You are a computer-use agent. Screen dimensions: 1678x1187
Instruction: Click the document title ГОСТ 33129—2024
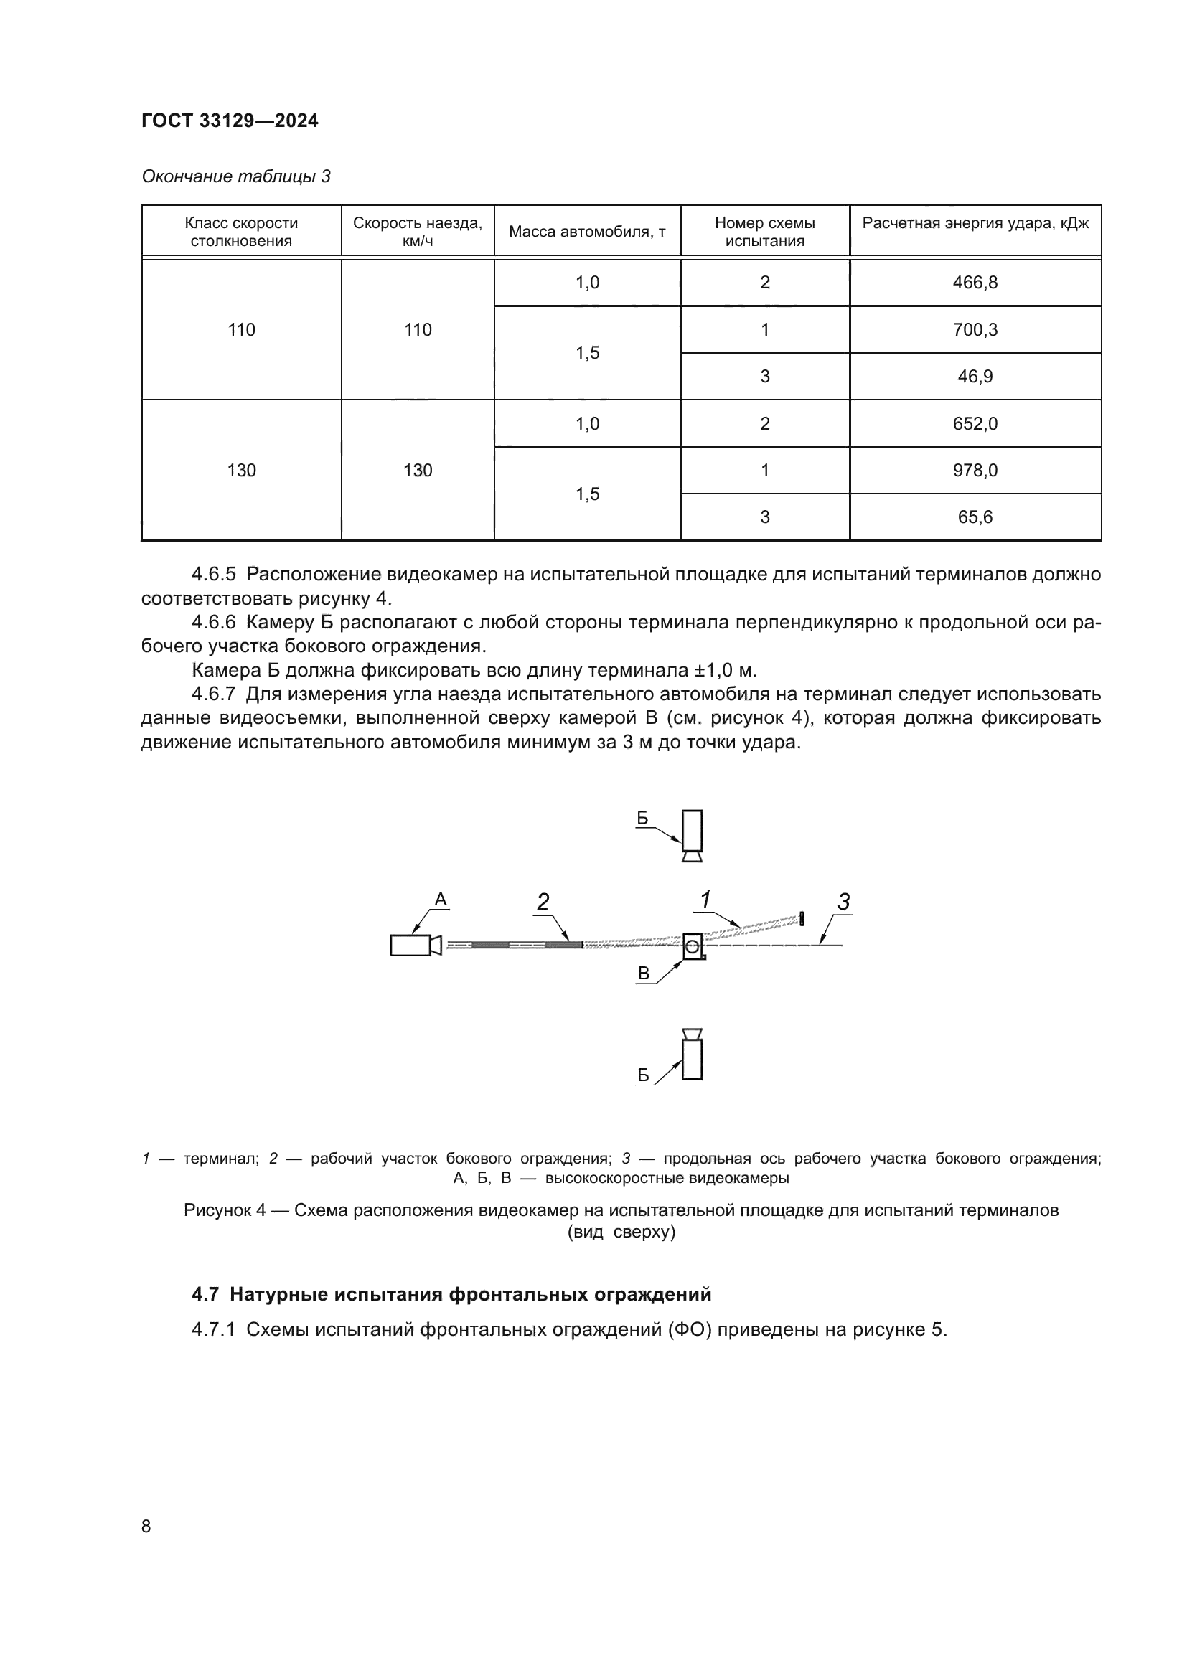point(230,121)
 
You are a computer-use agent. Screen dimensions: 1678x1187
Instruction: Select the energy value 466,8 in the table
point(975,283)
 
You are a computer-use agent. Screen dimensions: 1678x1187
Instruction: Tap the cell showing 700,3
point(975,329)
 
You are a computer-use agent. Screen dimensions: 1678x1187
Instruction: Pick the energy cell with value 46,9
point(975,377)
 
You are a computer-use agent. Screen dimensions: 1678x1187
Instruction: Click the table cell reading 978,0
point(975,470)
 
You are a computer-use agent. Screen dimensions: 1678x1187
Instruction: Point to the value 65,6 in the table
point(975,517)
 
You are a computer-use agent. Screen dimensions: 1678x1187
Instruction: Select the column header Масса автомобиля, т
point(587,232)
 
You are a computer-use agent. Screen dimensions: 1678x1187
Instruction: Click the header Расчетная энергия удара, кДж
point(975,223)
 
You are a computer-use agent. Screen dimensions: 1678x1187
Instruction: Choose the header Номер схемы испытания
point(764,232)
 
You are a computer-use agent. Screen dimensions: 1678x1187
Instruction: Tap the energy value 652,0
point(975,424)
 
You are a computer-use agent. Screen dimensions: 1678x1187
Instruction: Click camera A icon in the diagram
point(414,945)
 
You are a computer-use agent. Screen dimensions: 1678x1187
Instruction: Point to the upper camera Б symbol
point(691,834)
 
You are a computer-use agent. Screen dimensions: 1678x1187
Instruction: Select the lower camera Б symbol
point(691,1054)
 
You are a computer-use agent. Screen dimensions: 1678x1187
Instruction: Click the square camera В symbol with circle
point(693,946)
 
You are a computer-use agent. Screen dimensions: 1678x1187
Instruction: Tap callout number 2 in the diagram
point(543,902)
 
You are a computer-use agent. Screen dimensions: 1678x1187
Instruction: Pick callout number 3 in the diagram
point(843,902)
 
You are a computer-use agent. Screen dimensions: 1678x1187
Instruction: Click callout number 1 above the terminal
point(706,900)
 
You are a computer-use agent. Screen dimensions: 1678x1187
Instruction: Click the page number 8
point(146,1527)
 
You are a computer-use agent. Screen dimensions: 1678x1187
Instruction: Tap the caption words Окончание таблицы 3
point(236,176)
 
